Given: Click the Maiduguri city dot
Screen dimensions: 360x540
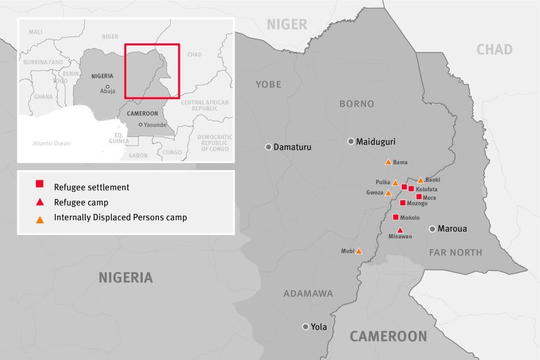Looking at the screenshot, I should [351, 141].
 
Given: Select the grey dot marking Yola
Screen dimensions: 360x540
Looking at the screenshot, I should [305, 327].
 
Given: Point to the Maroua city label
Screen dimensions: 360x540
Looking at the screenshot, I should [452, 229].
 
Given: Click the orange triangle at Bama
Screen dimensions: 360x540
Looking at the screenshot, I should [388, 162].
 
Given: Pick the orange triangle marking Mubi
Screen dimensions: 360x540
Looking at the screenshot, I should [358, 251].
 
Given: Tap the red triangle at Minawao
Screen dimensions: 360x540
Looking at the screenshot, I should [400, 230].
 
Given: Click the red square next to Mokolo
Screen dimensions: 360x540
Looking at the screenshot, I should [396, 217].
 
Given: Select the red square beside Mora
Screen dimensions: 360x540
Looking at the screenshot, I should [419, 197].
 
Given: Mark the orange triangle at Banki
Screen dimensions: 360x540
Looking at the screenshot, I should [421, 180].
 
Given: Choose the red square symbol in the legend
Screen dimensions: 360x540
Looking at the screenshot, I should [39, 184].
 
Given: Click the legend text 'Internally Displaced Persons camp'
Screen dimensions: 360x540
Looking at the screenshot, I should [120, 217].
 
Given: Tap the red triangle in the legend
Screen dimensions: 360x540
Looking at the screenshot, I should [39, 202].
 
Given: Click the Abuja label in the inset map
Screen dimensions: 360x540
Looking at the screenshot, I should [107, 91].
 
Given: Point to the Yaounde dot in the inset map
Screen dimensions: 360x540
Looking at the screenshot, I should [140, 124].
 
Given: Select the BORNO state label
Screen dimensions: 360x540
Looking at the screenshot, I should [357, 104].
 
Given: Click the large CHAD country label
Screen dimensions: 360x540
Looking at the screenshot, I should [494, 50].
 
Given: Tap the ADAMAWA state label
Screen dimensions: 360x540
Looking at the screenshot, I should [308, 294].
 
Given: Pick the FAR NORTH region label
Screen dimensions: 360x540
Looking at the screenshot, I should [456, 252].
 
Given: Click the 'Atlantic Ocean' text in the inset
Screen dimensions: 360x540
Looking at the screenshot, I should [51, 143].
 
